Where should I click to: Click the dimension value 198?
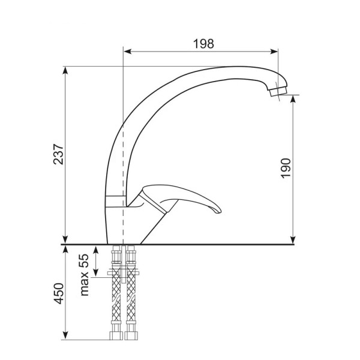[203, 44]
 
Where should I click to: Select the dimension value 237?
[58, 154]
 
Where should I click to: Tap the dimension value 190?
[286, 168]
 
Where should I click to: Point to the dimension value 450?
[58, 293]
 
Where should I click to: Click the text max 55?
[84, 275]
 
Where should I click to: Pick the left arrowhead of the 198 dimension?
[127, 52]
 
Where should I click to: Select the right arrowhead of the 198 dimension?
[274, 52]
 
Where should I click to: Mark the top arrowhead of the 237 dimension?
[65, 70]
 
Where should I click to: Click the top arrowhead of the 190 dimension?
[293, 99]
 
